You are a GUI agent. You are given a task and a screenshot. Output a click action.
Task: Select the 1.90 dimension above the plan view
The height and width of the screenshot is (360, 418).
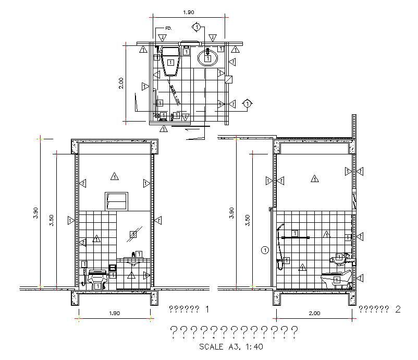click(x=189, y=12)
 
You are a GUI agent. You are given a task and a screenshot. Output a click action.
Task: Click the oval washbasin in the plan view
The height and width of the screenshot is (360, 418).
click(x=208, y=56)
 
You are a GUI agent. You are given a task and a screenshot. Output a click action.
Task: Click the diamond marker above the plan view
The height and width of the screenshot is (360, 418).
click(x=196, y=26)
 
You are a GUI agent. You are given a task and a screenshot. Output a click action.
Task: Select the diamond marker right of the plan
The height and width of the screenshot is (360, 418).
click(x=247, y=103)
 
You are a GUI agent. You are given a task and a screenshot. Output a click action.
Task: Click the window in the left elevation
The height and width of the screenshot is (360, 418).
click(x=117, y=201)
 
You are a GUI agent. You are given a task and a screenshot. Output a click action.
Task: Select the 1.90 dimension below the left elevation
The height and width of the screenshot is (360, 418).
click(x=114, y=314)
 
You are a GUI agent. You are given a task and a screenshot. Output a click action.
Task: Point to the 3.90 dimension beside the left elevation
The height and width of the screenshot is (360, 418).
click(x=35, y=213)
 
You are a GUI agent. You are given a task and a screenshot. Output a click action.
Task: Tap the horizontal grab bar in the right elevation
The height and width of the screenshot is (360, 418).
click(x=295, y=237)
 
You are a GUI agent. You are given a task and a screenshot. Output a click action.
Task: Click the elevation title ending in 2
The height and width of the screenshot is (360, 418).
click(x=380, y=309)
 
